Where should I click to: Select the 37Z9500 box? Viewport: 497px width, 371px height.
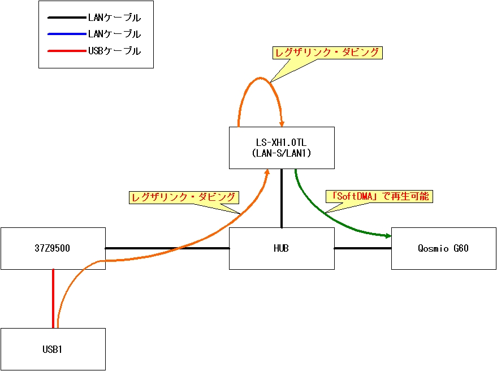pyautogui.click(x=53, y=248)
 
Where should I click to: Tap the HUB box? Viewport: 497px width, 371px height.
pyautogui.click(x=281, y=248)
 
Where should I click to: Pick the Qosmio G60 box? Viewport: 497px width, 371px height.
pyautogui.click(x=443, y=248)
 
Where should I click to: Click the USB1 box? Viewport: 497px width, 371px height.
pyautogui.click(x=53, y=349)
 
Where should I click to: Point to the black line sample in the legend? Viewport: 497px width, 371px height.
pyautogui.click(x=66, y=18)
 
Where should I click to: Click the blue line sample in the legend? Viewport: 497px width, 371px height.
pyautogui.click(x=66, y=34)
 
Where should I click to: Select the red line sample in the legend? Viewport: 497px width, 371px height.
pyautogui.click(x=66, y=51)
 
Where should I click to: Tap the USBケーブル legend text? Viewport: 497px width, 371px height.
pyautogui.click(x=114, y=51)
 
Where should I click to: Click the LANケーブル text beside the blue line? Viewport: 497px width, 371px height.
pyautogui.click(x=114, y=34)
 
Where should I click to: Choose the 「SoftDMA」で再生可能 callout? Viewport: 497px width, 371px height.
pyautogui.click(x=379, y=197)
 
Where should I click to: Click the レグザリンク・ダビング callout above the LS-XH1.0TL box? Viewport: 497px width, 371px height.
pyautogui.click(x=327, y=53)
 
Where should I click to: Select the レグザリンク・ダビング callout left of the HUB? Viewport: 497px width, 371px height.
pyautogui.click(x=184, y=197)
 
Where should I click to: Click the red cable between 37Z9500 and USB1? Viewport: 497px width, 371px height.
pyautogui.click(x=53, y=298)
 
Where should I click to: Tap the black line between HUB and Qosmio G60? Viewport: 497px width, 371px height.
pyautogui.click(x=362, y=248)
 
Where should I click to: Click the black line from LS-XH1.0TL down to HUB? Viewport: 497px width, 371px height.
pyautogui.click(x=281, y=198)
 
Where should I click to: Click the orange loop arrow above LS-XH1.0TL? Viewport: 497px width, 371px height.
pyautogui.click(x=260, y=78)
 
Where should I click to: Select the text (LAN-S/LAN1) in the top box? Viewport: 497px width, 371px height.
pyautogui.click(x=281, y=153)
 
